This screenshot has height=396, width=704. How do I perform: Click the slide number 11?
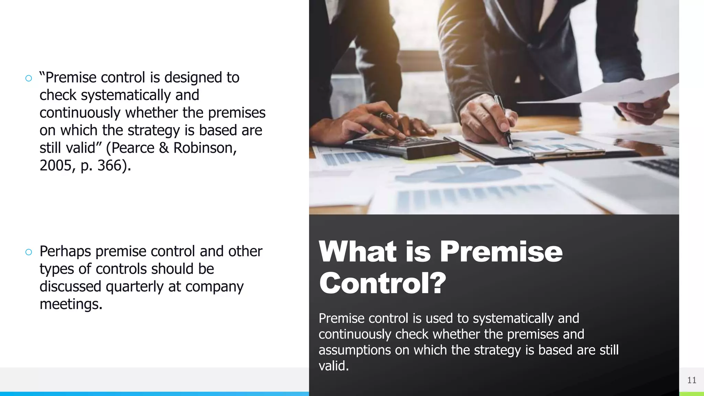pos(692,380)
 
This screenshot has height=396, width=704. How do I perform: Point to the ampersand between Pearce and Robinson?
pos(164,148)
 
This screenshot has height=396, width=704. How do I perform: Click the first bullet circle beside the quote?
pos(29,78)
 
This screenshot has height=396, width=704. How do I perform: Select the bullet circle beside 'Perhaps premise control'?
pos(29,252)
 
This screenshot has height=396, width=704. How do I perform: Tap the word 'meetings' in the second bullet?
pos(70,304)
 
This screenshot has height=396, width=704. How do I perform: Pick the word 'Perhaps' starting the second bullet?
pos(65,252)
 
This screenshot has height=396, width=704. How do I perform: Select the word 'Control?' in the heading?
pos(382,283)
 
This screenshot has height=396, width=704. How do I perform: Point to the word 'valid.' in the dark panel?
pos(333,366)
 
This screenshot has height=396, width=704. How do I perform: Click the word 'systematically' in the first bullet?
pos(126,95)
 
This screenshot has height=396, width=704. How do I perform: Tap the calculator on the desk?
pos(406,146)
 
